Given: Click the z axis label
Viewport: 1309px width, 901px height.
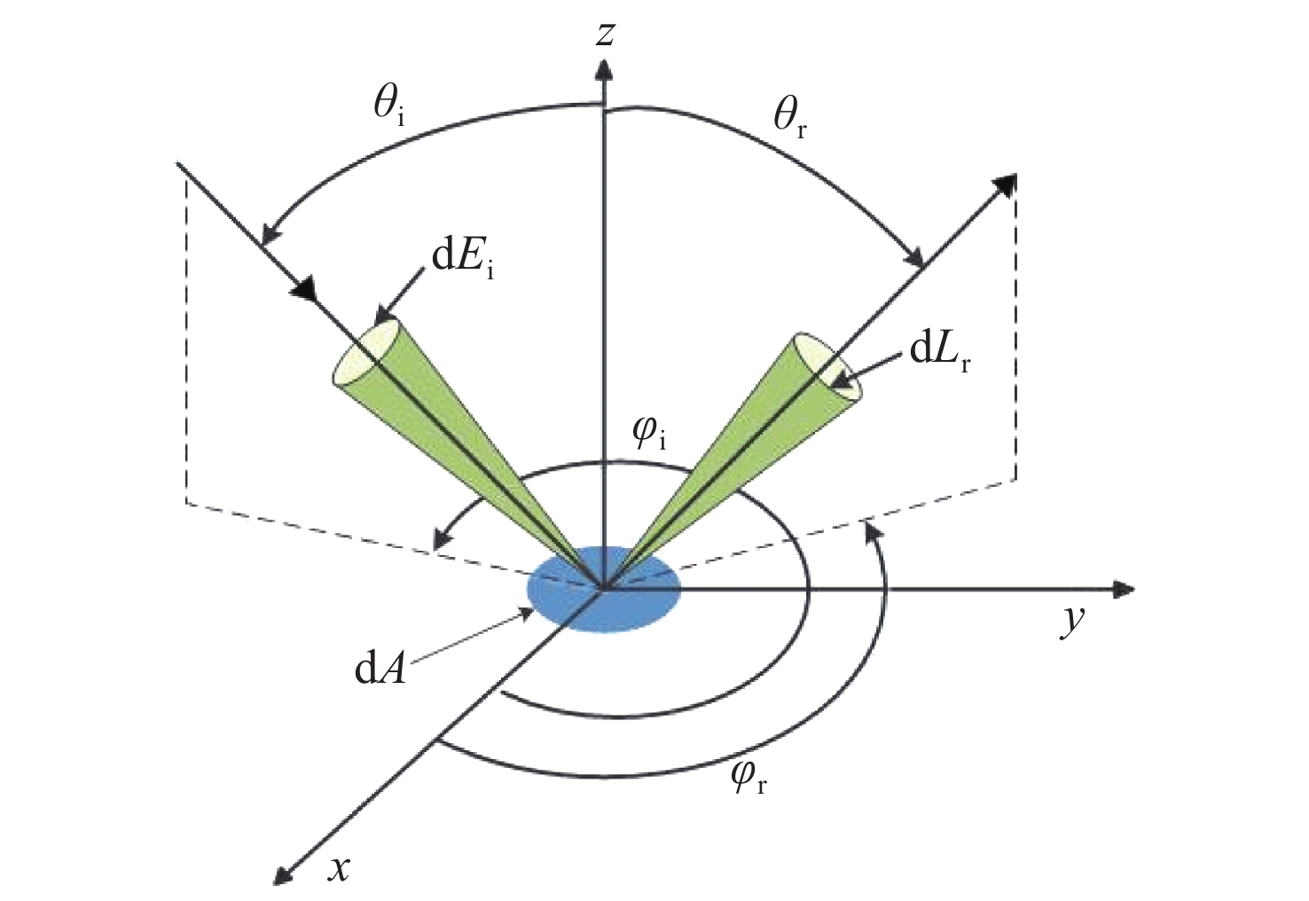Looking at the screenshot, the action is (x=604, y=35).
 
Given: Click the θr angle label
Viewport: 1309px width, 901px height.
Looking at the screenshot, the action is (x=790, y=121).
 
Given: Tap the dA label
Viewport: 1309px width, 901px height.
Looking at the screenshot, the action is (x=380, y=671).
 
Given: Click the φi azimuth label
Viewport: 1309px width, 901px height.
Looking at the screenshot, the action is (x=650, y=436).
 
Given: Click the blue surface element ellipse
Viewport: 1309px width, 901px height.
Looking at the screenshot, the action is (x=604, y=589).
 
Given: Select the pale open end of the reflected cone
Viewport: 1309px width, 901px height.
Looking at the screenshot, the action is (x=829, y=366).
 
